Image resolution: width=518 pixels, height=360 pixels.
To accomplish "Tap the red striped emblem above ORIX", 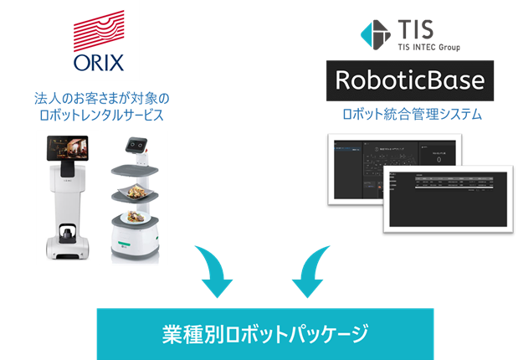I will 99,31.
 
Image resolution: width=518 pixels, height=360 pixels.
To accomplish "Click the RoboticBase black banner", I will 409,81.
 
